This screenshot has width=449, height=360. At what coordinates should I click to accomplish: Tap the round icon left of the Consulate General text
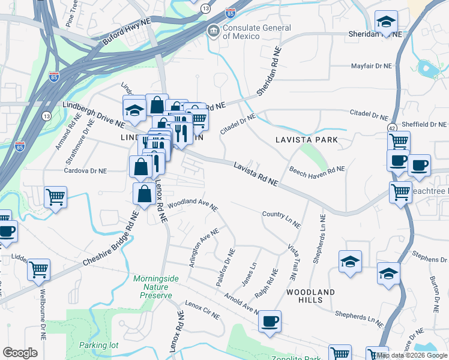(213, 31)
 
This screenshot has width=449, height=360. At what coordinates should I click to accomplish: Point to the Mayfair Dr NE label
(370, 66)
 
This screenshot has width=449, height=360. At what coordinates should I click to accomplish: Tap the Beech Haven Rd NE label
(317, 172)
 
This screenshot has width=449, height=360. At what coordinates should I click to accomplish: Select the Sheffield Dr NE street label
(424, 124)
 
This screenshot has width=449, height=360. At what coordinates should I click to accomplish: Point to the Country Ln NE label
(282, 219)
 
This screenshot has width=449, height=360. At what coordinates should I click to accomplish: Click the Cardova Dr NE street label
(86, 171)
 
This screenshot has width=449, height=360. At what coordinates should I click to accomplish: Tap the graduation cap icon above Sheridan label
(385, 22)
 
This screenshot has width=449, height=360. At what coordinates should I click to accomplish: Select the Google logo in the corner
(20, 352)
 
